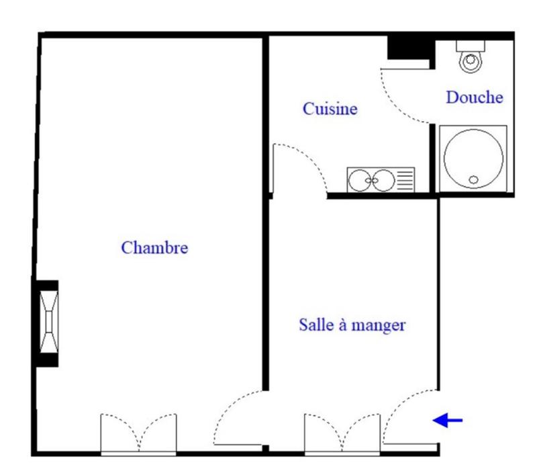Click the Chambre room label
tap(154, 248)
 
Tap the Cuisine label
tap(330, 109)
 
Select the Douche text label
tap(475, 98)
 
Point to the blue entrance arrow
tap(448, 421)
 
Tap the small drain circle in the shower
tap(474, 179)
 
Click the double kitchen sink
tap(372, 179)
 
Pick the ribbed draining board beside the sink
tap(405, 179)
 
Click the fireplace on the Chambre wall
tap(48, 323)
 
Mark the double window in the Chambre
tap(139, 434)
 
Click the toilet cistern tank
tap(471, 45)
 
